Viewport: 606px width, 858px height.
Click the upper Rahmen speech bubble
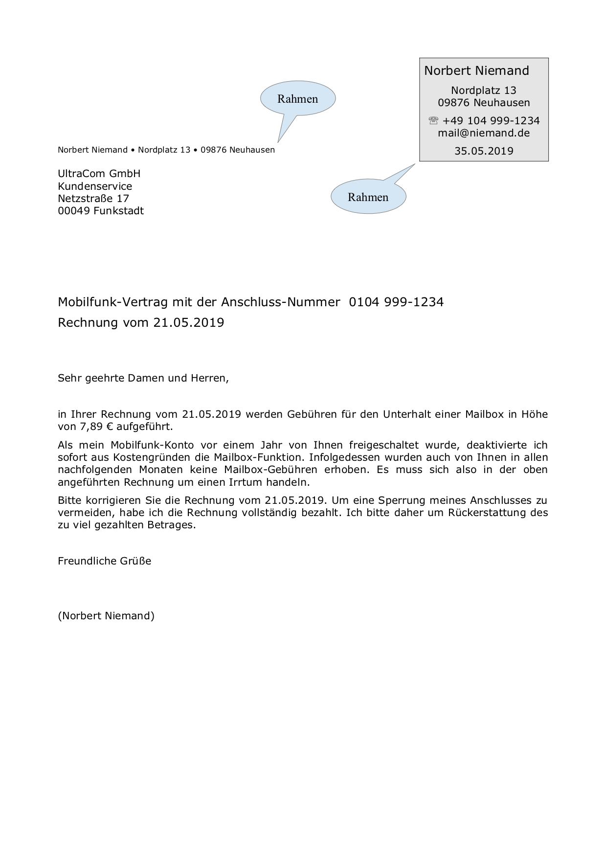[298, 99]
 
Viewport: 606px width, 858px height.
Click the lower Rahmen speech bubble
[368, 197]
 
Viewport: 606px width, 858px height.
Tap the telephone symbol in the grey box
[433, 121]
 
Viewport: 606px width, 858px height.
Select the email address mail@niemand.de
[484, 133]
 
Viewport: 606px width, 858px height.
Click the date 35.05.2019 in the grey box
[484, 151]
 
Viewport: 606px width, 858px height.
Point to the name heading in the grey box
[476, 71]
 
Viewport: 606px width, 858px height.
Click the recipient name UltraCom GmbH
[99, 174]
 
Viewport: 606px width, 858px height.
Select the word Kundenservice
[95, 186]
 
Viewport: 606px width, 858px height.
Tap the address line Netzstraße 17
[93, 199]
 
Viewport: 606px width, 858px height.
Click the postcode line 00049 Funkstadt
[101, 211]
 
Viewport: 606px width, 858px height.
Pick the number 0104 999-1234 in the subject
[396, 302]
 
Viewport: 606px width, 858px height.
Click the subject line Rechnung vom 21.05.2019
[141, 323]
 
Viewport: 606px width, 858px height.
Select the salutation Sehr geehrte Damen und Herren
[143, 378]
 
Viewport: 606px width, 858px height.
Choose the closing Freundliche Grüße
[105, 561]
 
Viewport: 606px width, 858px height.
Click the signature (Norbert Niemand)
[106, 616]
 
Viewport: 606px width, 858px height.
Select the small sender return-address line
[166, 150]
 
